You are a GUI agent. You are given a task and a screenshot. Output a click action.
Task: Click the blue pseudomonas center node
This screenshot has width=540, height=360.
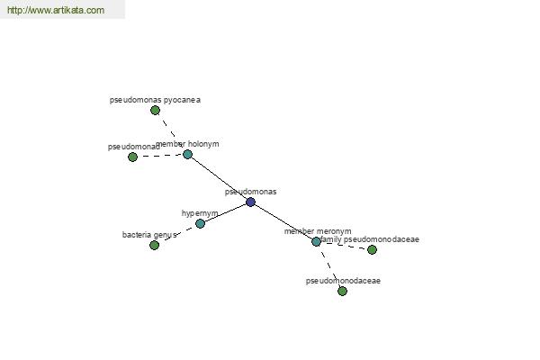coord(251,202)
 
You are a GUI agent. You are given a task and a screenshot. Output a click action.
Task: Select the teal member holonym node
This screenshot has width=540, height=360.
coord(187,154)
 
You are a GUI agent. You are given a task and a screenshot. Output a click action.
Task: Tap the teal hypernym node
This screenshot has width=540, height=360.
coord(200,223)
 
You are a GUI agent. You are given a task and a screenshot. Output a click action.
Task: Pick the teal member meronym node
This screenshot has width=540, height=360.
coord(316,241)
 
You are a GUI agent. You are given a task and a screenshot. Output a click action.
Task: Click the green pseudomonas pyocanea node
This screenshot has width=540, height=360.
coord(155,110)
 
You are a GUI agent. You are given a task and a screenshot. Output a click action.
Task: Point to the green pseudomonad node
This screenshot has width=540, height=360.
coord(132,157)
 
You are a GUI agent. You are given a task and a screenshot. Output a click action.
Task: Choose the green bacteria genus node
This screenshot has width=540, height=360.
coord(154,246)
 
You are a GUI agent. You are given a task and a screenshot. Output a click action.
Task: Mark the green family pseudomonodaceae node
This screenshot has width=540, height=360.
coord(372,250)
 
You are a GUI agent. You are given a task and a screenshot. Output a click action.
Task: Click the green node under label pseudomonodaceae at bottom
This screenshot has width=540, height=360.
coord(342,291)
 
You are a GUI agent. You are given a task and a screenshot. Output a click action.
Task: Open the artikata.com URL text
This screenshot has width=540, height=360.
coord(56,10)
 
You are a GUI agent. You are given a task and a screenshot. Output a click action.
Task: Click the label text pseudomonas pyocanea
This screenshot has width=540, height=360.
coord(155,100)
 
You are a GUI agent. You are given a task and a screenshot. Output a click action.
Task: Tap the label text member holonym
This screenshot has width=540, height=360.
coord(187,144)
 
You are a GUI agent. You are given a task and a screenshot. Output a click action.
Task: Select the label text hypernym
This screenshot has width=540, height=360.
coord(200,213)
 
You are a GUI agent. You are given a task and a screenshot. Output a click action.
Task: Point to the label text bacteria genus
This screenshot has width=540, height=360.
coord(149,235)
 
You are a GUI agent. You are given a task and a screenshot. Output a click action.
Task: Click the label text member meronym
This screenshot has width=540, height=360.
coord(318,231)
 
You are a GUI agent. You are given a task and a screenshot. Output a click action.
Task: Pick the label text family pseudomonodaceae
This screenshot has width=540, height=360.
coord(370,239)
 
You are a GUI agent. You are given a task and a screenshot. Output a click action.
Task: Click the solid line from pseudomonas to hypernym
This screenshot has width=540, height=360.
coord(225,213)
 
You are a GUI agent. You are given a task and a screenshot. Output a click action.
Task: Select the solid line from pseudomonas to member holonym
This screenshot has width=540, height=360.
coord(219,178)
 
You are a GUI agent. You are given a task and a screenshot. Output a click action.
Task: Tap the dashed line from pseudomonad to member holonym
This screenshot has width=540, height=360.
coord(160,156)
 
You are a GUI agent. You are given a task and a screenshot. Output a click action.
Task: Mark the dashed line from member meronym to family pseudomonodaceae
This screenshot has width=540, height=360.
coord(344,246)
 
